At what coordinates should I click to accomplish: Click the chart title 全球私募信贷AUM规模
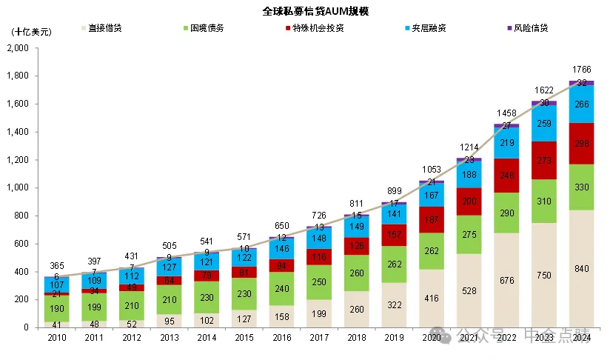coord(305,11)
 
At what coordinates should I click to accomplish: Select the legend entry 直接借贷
coord(104,28)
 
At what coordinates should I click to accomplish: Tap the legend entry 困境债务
coord(207,28)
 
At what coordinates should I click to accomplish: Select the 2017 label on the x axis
coord(319,338)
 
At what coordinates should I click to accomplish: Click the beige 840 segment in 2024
coord(581,268)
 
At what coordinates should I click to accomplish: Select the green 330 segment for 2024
coord(581,187)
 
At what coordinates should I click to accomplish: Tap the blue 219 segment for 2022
coord(506,143)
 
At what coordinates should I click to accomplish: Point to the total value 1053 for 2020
coord(431,170)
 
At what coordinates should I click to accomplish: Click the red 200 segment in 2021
coord(469,201)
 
